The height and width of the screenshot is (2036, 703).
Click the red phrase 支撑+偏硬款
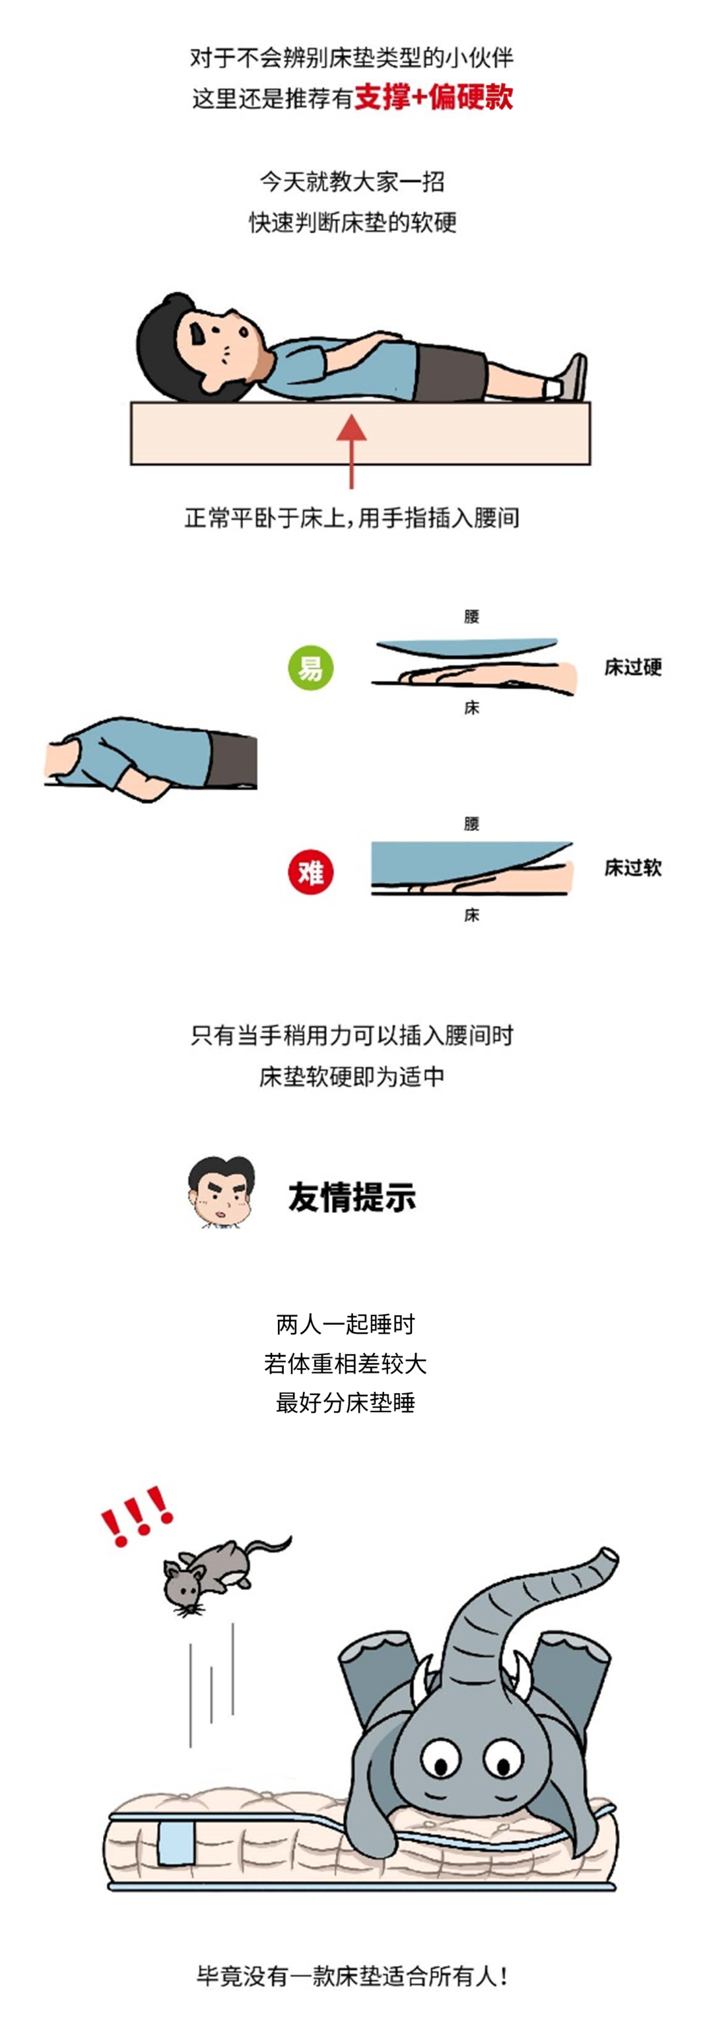click(434, 97)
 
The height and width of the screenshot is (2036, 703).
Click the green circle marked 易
click(310, 668)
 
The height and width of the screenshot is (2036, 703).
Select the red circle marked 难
click(310, 873)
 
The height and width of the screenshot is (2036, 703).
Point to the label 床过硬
click(633, 667)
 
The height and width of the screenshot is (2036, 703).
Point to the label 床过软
click(633, 868)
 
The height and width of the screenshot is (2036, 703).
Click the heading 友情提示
click(352, 1197)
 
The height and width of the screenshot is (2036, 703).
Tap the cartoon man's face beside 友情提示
click(222, 1193)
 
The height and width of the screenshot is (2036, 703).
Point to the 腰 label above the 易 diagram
click(471, 616)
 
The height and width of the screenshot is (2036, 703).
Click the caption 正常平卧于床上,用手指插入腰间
click(352, 518)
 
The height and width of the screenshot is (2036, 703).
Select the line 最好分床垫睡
click(345, 1403)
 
